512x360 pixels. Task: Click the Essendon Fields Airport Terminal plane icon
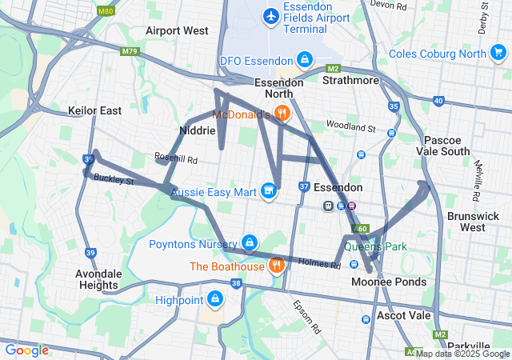[271, 15]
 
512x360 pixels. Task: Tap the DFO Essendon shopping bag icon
[305, 60]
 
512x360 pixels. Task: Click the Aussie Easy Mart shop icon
[269, 191]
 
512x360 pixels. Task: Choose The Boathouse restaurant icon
[277, 265]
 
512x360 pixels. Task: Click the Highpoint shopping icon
[214, 300]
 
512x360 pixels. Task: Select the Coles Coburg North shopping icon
[498, 54]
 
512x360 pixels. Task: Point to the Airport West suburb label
[177, 30]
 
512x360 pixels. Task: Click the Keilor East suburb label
[95, 110]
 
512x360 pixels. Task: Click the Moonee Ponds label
[389, 282]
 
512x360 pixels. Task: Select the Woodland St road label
[350, 127]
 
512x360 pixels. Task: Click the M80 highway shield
[105, 12]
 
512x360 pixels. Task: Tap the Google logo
[26, 350]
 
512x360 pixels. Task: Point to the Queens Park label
[376, 246]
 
